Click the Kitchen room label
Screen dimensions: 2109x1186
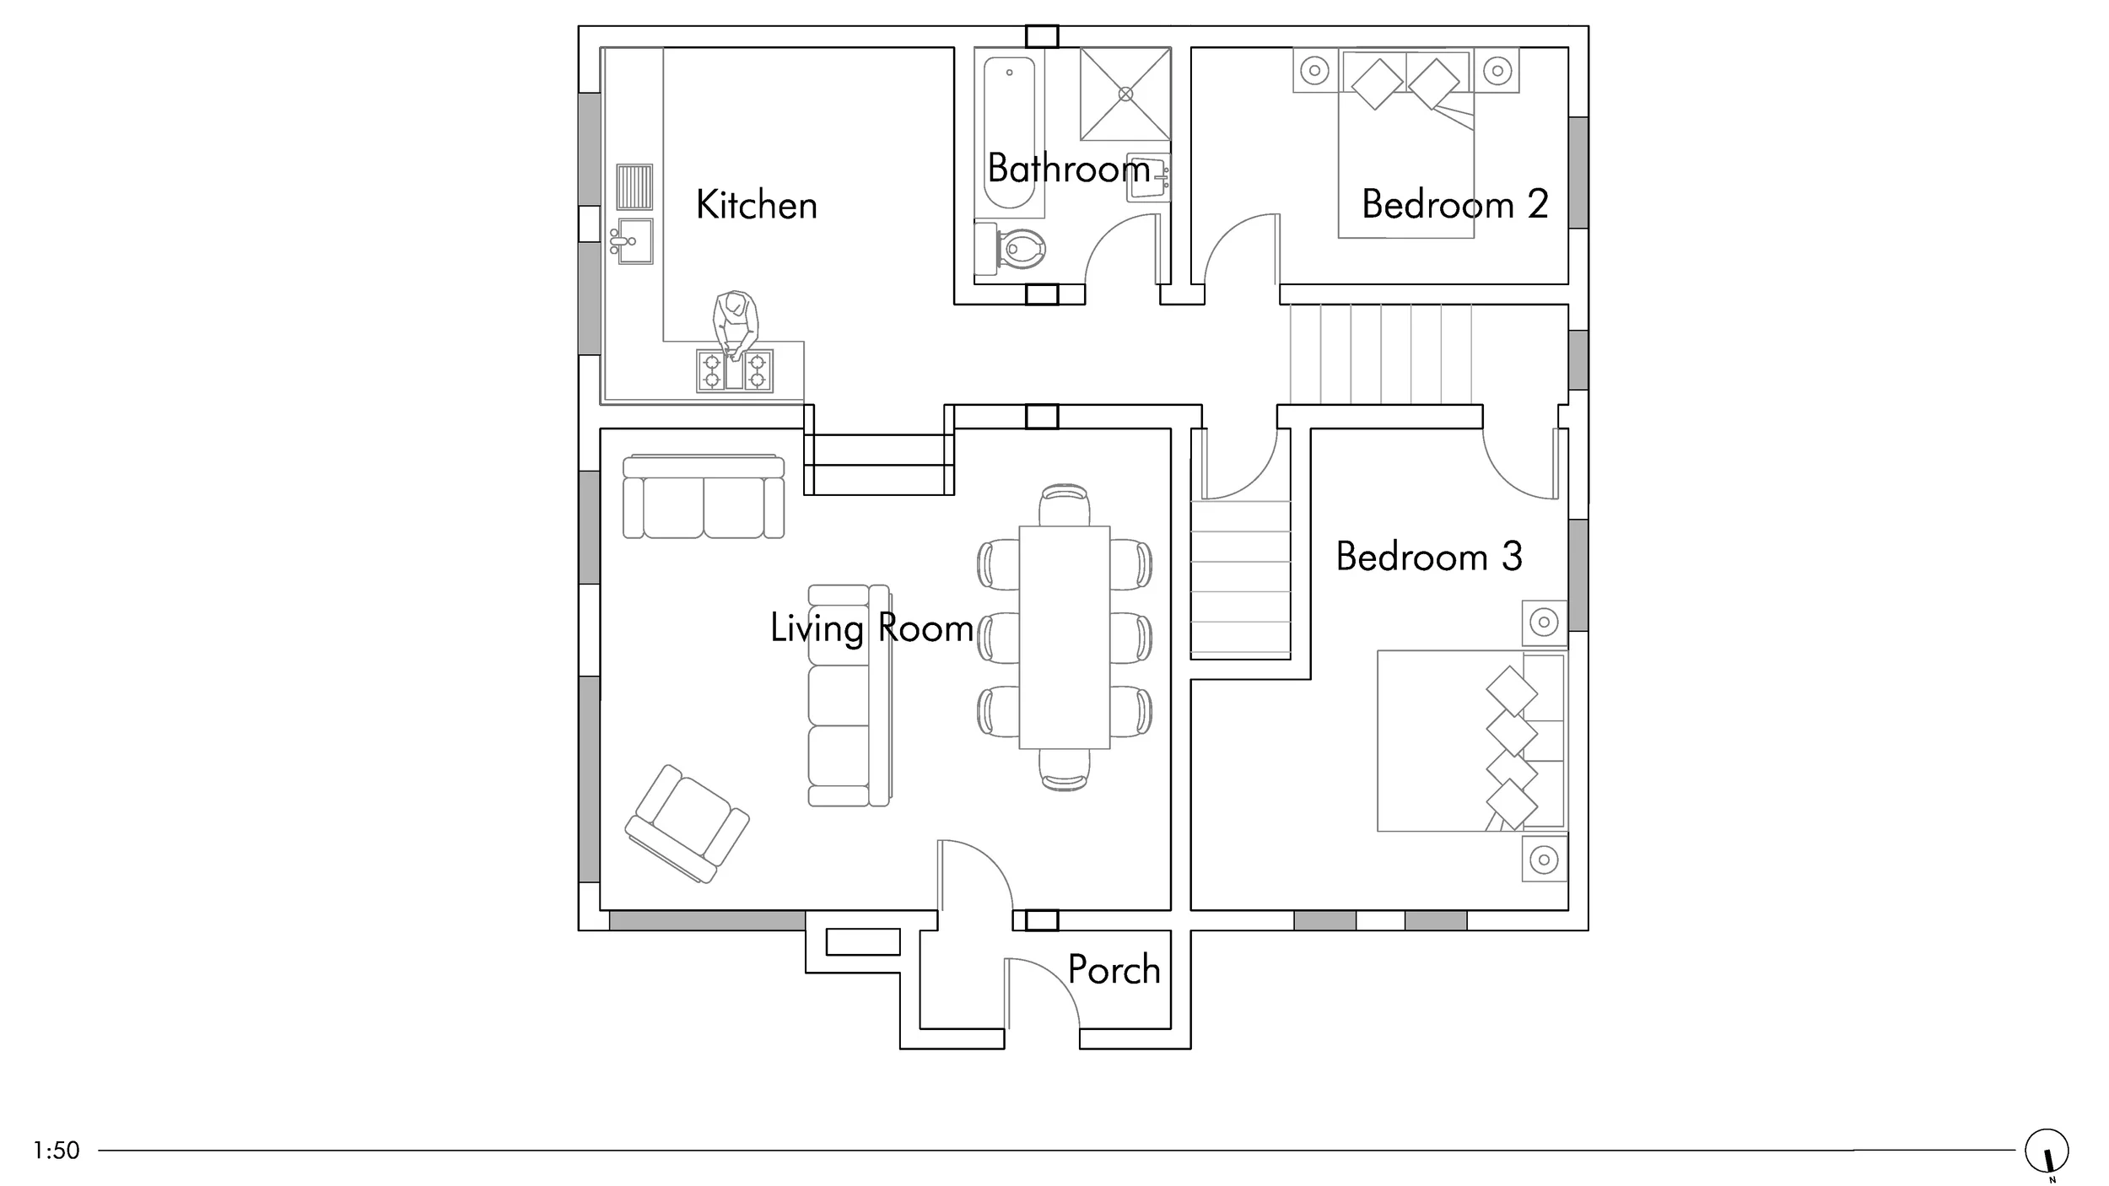(756, 205)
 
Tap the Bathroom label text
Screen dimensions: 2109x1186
(1069, 168)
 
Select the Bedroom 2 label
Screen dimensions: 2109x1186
(1455, 204)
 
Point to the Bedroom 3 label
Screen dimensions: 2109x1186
(1429, 557)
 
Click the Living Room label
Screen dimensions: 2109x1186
(871, 628)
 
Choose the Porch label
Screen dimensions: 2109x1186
(1114, 970)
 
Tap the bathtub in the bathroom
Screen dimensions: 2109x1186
(1010, 132)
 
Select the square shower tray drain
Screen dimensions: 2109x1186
(1125, 94)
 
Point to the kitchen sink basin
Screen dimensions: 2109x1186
(634, 241)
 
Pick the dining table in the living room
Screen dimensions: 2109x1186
(1065, 638)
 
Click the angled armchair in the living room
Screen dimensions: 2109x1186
(688, 824)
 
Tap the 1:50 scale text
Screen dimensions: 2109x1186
(57, 1151)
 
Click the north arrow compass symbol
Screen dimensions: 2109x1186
(2047, 1151)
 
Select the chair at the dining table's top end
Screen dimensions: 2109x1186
(1065, 505)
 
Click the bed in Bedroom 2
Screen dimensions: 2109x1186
(1406, 143)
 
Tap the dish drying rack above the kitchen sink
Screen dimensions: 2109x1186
(634, 186)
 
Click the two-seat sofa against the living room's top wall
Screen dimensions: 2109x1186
(704, 497)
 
